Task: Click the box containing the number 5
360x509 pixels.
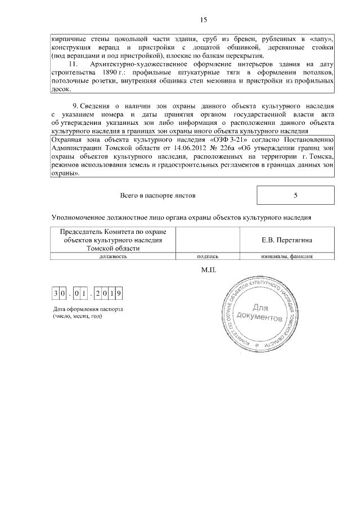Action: point(295,196)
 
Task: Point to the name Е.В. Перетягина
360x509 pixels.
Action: point(287,240)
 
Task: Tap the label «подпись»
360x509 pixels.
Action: point(208,256)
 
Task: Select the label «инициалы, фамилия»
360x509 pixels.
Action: point(287,256)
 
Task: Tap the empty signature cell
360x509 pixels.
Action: point(208,240)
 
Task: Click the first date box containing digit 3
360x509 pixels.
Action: point(56,293)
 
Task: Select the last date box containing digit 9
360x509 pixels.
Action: point(120,293)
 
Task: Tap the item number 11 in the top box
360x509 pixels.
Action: point(71,65)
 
